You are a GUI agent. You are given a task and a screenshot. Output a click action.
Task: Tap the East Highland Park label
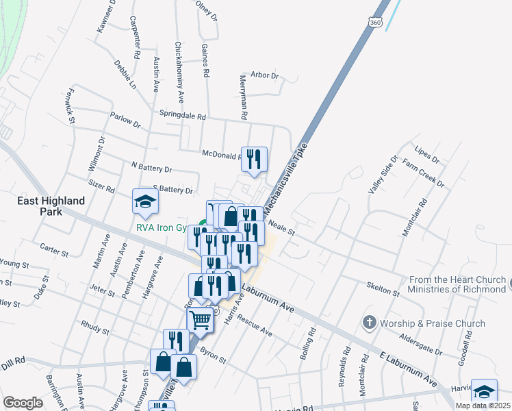[52, 206]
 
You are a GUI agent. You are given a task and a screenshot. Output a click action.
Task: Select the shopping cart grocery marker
[200, 319]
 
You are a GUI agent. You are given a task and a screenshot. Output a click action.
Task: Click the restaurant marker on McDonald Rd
[254, 160]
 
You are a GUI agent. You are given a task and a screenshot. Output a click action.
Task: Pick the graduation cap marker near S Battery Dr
[145, 201]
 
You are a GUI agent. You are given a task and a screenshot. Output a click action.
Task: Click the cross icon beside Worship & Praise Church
[369, 323]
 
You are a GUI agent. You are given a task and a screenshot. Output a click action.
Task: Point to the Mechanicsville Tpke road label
[283, 177]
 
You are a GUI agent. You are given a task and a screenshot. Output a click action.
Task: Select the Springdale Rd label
[182, 116]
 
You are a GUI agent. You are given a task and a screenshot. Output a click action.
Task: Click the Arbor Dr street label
[265, 75]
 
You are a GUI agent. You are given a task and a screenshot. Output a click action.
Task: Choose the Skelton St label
[383, 288]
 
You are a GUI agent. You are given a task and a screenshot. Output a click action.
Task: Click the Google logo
[23, 403]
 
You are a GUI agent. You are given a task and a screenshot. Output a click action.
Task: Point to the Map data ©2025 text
[483, 406]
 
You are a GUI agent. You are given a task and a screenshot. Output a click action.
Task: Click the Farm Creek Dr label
[423, 173]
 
